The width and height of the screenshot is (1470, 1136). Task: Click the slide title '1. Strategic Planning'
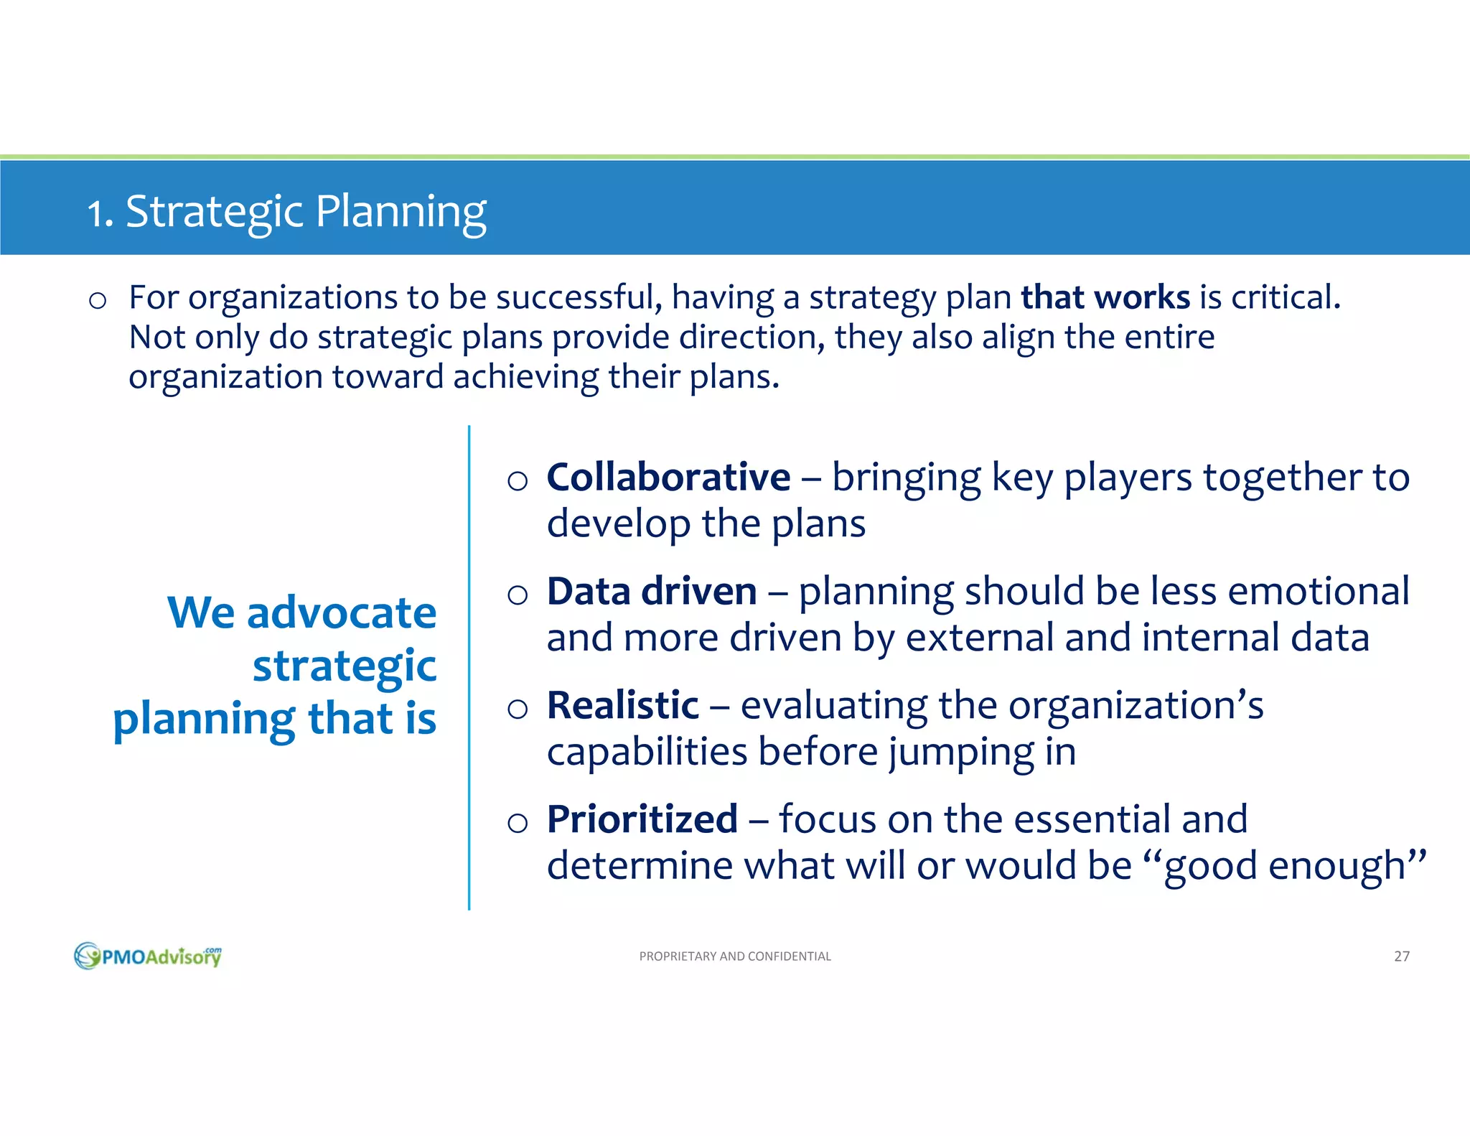coord(286,212)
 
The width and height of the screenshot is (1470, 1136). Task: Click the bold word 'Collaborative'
coord(668,478)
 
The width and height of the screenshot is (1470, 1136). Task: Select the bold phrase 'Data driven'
coord(651,592)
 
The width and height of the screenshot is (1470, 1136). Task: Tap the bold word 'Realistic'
coord(622,705)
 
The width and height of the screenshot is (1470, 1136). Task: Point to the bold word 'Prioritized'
coord(642,819)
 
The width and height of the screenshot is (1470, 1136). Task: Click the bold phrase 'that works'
coord(1105,297)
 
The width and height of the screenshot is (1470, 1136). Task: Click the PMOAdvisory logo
coord(148,956)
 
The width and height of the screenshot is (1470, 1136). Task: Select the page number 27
coord(1401,956)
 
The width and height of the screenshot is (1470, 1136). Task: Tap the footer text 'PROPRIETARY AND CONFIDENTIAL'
coord(735,956)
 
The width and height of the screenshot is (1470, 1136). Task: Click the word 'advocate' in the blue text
coord(341,613)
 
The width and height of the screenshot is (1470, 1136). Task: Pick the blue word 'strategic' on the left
coord(345,666)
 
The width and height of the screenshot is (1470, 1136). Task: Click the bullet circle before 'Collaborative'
coord(517,480)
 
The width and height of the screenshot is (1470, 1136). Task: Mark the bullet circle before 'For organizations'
coord(98,300)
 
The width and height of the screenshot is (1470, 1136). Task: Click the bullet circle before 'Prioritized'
coord(517,822)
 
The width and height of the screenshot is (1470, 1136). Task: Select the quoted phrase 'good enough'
coord(1283,866)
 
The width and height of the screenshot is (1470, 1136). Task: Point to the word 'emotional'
coord(1319,592)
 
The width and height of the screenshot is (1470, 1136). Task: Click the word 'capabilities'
coord(647,752)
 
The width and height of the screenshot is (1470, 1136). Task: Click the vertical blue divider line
coord(469,668)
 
